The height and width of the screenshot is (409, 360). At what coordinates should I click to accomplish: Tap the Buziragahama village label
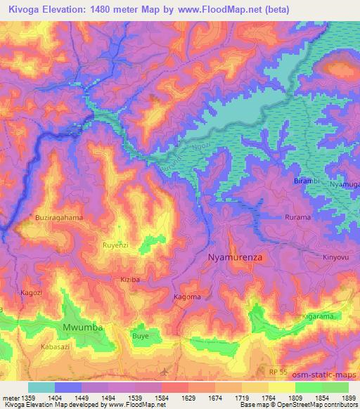[x=59, y=218]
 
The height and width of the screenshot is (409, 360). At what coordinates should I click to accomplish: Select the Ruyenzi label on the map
[x=116, y=247]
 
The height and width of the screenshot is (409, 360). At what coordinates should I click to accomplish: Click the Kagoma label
[x=187, y=297]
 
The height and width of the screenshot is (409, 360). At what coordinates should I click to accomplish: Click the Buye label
[x=141, y=337]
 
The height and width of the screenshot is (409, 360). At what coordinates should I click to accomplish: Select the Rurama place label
[x=297, y=218]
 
